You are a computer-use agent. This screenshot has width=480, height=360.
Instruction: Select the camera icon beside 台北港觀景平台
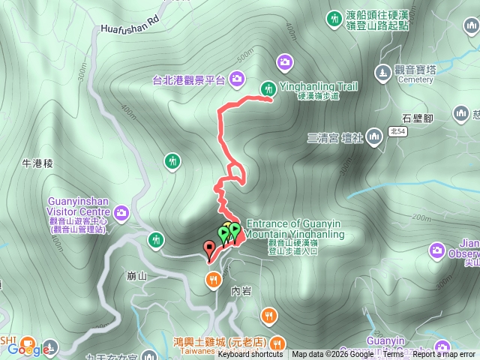click(x=237, y=78)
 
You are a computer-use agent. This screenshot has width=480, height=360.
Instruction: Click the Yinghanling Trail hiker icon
click(x=267, y=89)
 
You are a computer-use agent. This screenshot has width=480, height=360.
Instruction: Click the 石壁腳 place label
click(x=417, y=117)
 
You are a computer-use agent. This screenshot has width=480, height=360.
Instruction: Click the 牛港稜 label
click(x=37, y=162)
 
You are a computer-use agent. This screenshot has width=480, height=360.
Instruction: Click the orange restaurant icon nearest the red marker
click(x=214, y=280)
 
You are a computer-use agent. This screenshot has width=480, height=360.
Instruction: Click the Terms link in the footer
click(x=393, y=355)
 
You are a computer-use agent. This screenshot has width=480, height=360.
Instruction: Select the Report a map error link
click(x=444, y=355)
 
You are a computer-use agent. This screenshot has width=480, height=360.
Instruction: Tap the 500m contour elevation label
click(x=244, y=58)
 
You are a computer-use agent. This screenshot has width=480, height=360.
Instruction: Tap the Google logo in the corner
click(x=25, y=349)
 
